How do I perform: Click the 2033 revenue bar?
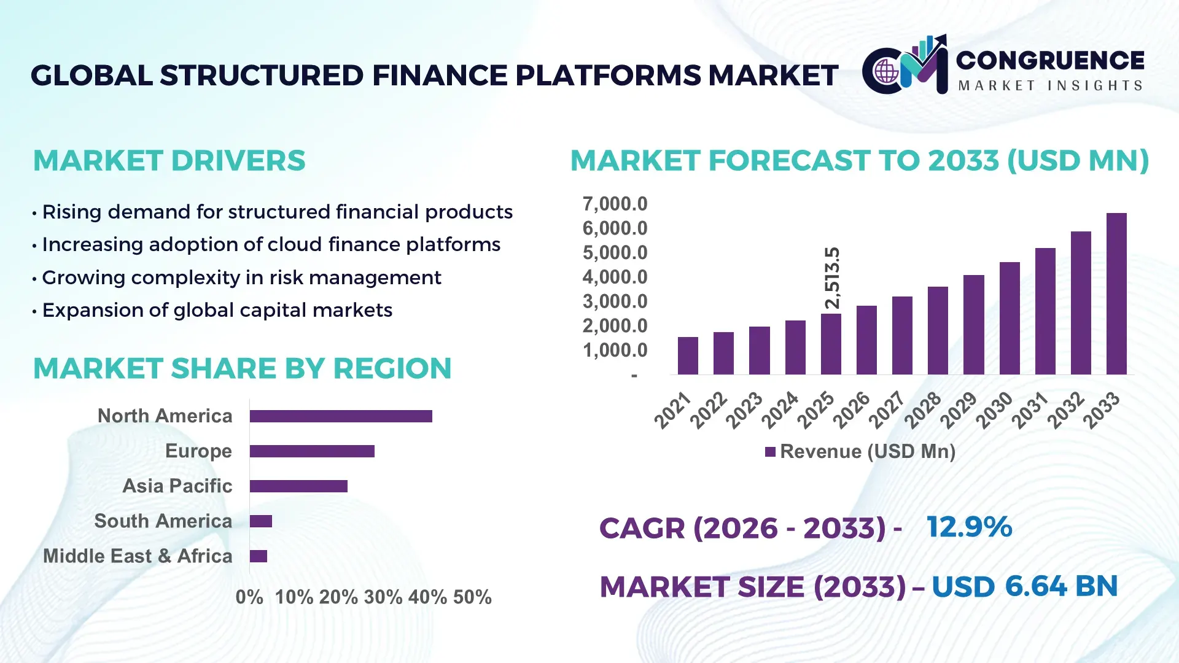coord(1116,295)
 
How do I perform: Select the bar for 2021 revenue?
coord(688,356)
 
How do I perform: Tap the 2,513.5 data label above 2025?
coord(832,278)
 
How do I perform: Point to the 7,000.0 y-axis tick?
coord(615,204)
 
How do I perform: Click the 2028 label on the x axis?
coord(923,409)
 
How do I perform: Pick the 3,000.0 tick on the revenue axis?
coord(615,301)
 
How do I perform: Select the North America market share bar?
coord(341,416)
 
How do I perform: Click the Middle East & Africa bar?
coord(259,556)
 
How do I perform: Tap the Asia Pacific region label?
coord(177,486)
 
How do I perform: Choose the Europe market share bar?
coord(312,451)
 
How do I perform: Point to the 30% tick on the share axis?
coord(383,597)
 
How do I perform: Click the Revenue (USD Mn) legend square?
coord(770,452)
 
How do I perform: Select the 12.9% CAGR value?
coord(969,527)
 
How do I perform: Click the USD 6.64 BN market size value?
coord(1024,586)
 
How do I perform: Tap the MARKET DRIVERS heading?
coord(169,161)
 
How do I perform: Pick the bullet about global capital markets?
coord(217,310)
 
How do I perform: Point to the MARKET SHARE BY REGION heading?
coord(242,368)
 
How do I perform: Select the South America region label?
coord(163,521)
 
